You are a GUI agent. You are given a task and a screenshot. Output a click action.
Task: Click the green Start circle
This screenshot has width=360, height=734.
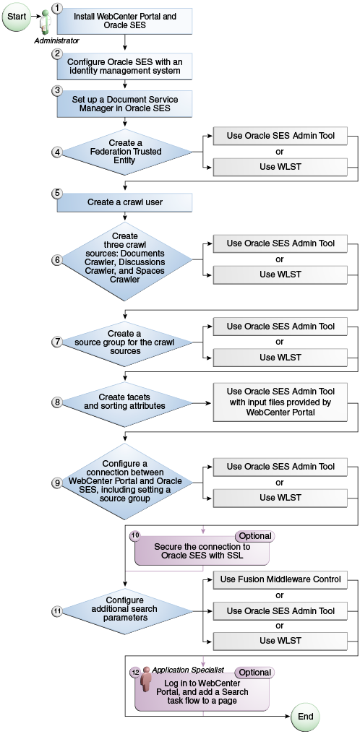[x=17, y=17]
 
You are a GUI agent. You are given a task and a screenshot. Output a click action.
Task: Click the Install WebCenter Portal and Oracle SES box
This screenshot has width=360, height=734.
[x=125, y=22]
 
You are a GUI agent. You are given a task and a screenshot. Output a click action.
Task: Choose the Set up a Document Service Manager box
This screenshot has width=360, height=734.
[x=125, y=103]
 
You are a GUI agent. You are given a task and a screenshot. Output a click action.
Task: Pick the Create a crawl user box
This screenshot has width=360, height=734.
[x=125, y=202]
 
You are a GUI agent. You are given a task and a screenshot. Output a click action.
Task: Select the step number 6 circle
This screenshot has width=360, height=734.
[x=57, y=260]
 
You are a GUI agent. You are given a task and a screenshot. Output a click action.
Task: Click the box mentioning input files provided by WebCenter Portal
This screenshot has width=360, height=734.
[x=280, y=402]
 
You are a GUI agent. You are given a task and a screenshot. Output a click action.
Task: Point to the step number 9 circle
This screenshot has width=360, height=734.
[x=57, y=483]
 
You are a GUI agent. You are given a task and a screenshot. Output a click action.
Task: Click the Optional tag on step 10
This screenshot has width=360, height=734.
[x=255, y=536]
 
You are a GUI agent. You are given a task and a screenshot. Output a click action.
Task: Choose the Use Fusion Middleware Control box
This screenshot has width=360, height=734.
[x=280, y=580]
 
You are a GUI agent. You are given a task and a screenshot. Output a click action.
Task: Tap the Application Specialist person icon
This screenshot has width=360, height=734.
[x=147, y=681]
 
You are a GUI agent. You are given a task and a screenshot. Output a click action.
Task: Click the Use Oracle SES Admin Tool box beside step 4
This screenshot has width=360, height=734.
[x=280, y=137]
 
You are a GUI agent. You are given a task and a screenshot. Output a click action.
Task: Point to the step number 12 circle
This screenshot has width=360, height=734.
[x=135, y=672]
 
